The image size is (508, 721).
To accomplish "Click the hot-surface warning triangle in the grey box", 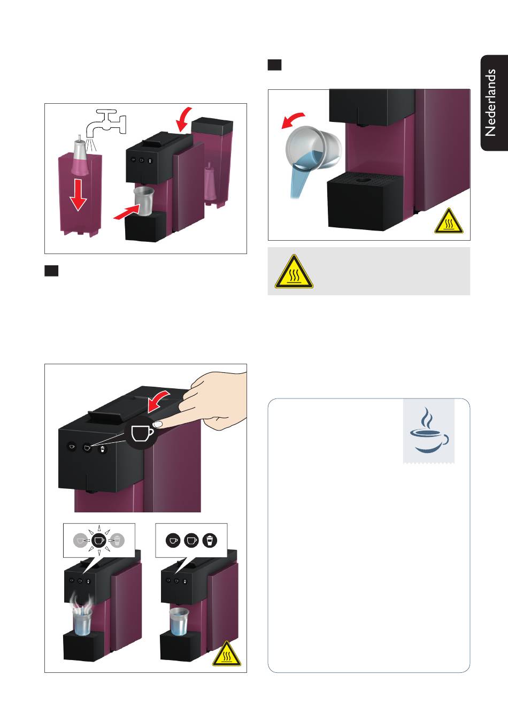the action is (x=294, y=272).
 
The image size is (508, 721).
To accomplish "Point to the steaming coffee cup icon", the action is (x=429, y=431).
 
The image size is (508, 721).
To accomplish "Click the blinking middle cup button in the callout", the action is (x=99, y=540).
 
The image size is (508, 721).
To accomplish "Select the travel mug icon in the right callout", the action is (x=210, y=540).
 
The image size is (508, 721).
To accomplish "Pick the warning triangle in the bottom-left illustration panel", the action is (x=227, y=654).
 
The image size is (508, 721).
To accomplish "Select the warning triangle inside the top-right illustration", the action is (x=449, y=221).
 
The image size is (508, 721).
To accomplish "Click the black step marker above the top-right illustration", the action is (x=274, y=65).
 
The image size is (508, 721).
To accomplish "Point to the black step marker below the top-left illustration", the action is (x=51, y=271).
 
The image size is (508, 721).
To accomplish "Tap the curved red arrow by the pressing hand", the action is (x=158, y=401).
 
